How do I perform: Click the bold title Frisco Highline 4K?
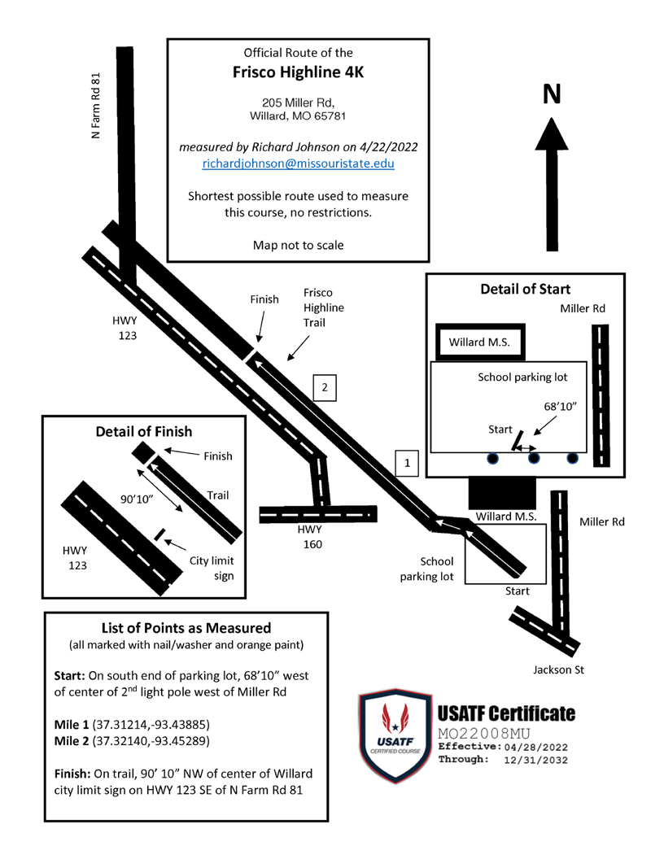[298, 73]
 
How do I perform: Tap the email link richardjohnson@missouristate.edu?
[298, 163]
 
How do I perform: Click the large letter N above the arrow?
[552, 94]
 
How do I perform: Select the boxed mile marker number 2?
[324, 387]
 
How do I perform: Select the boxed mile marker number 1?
[407, 463]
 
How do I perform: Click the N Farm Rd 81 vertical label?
[96, 105]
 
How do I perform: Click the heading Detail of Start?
[526, 289]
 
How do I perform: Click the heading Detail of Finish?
[144, 431]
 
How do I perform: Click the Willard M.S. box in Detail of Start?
[479, 342]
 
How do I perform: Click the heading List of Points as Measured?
[186, 628]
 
